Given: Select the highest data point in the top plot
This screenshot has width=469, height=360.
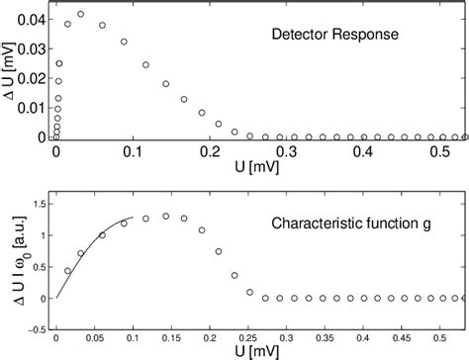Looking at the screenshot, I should (80, 15).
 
